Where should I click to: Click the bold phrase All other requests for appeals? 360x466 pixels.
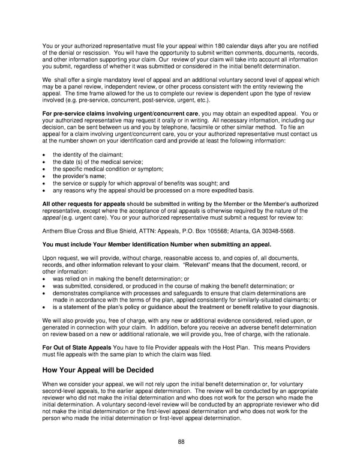point(84,204)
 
